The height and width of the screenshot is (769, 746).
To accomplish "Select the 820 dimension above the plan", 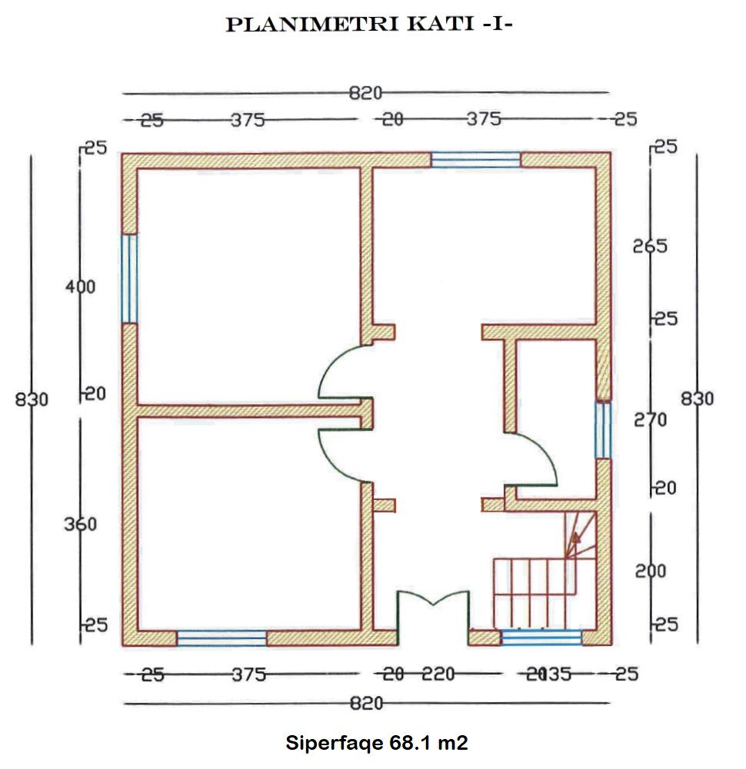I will point(365,94).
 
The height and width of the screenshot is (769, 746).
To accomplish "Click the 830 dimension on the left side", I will point(31,399).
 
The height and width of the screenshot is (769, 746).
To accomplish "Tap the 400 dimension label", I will point(81,287).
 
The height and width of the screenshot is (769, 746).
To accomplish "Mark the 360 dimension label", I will point(81,525).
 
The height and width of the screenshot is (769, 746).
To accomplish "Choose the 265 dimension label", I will point(650,247).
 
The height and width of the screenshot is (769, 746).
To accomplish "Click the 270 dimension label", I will point(650,420).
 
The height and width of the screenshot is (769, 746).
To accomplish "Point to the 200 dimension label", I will point(650,572).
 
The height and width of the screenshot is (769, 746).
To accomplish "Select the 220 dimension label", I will point(438,675).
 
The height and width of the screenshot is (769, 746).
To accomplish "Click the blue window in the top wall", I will point(475,160).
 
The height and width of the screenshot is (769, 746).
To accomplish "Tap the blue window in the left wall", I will point(130,278).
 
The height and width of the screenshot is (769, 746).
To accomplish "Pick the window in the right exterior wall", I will point(604,429).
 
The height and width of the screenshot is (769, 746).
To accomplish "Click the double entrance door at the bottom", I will point(433,611).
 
